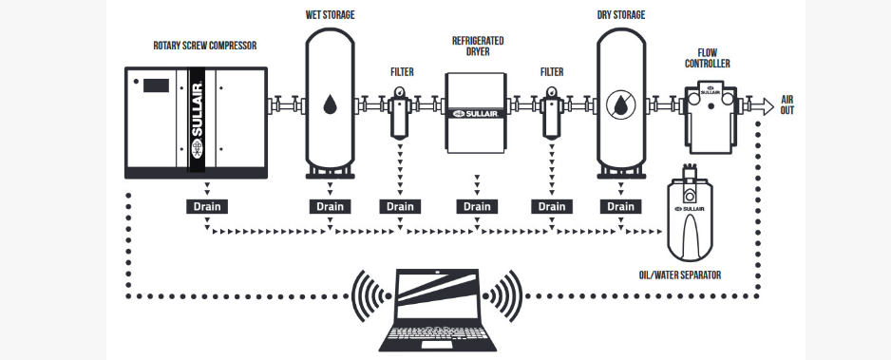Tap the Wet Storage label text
329,15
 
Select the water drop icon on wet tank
329,104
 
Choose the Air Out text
787,104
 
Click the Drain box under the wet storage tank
329,206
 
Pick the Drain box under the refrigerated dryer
477,206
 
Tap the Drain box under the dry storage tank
621,206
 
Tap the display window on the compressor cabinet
156,86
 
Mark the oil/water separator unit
691,218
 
